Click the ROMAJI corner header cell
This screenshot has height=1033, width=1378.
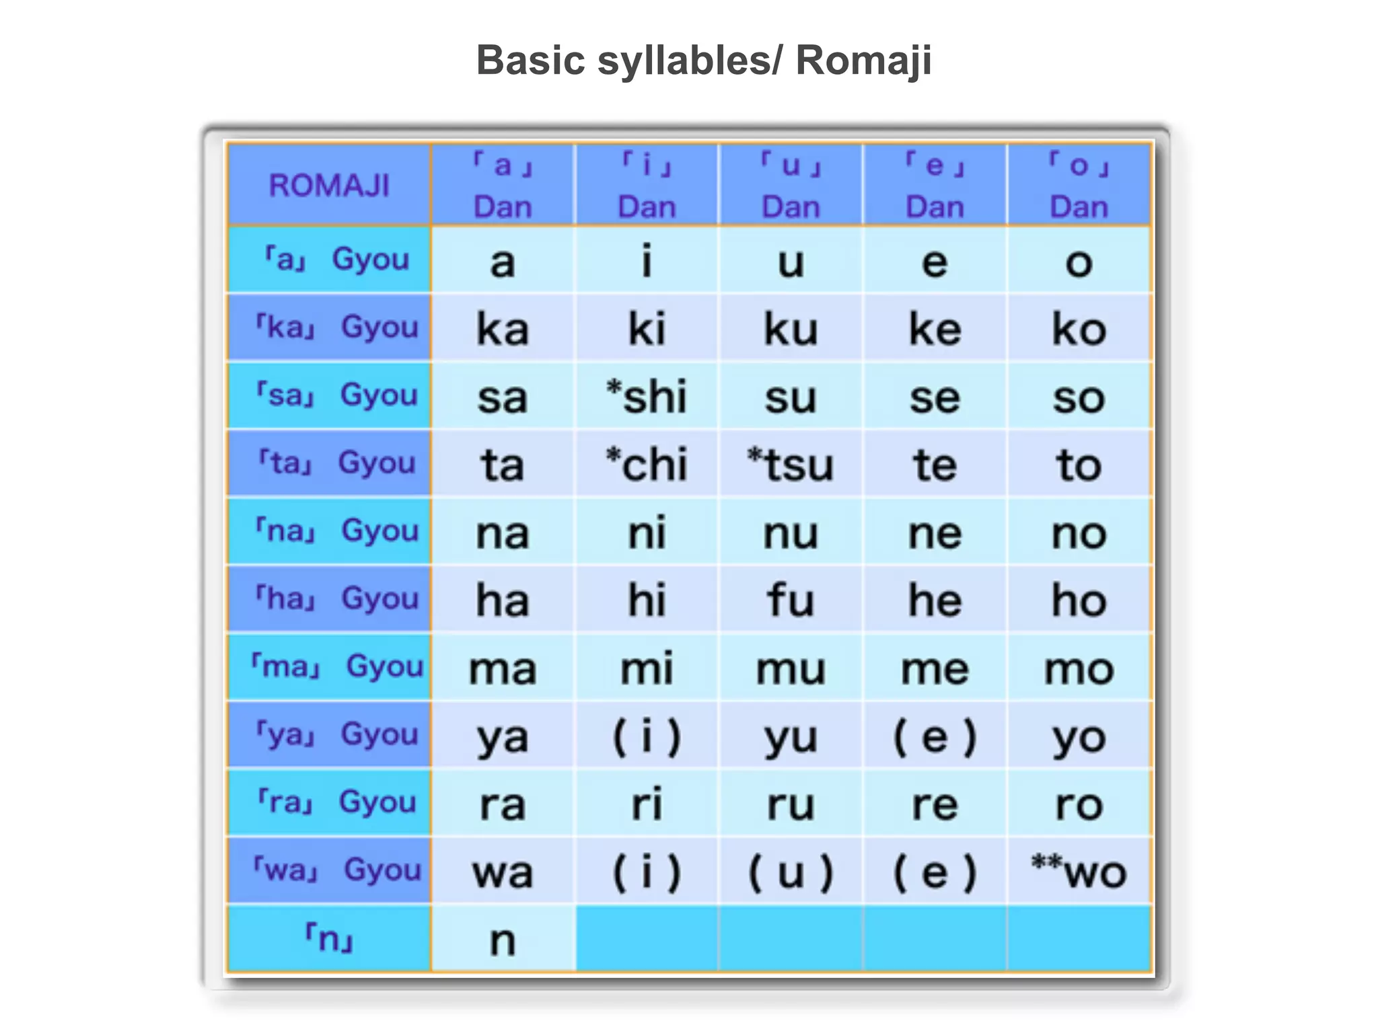[329, 185]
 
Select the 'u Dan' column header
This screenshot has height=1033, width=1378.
[791, 185]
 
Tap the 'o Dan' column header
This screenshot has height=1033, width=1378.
[1079, 185]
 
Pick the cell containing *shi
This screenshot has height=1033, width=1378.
[647, 396]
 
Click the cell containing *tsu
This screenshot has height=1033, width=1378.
[791, 464]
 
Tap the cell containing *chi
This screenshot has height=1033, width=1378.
[647, 464]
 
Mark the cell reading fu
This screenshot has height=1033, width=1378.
[791, 600]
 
